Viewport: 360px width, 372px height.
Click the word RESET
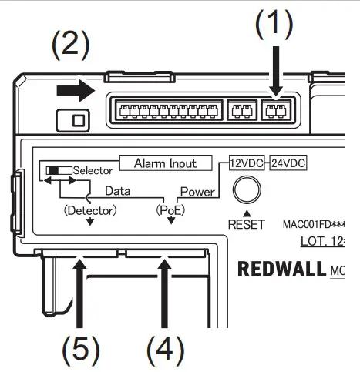click(x=246, y=225)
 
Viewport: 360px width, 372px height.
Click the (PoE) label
click(x=170, y=209)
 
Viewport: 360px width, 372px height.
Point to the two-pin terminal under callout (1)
click(x=274, y=111)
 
